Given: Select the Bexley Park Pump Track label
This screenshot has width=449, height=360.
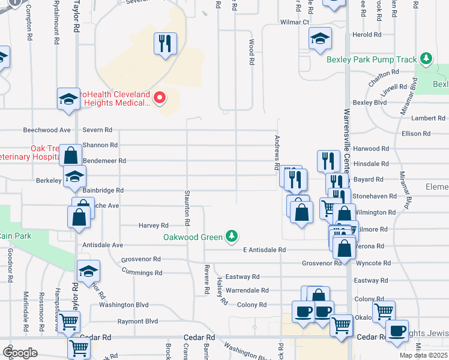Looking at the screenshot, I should coord(371,59).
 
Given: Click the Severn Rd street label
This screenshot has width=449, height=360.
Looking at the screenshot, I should coord(97,130).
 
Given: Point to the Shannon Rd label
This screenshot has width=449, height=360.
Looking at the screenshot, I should coord(100,145).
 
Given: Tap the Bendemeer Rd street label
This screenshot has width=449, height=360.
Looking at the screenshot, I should coord(104,161).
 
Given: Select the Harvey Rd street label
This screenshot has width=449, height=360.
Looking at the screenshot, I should coord(153,226).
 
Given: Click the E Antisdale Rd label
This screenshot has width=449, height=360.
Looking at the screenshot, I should coord(264,250).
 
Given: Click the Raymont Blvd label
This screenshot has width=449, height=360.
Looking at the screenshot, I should coord(137,322).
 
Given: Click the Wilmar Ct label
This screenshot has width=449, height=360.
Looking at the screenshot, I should coord(294,22).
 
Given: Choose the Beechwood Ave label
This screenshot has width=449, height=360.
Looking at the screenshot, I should coord(47,130).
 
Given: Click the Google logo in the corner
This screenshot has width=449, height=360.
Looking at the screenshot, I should coord(20,353).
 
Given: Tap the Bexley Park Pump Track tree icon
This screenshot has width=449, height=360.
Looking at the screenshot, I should coord(426,59).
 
